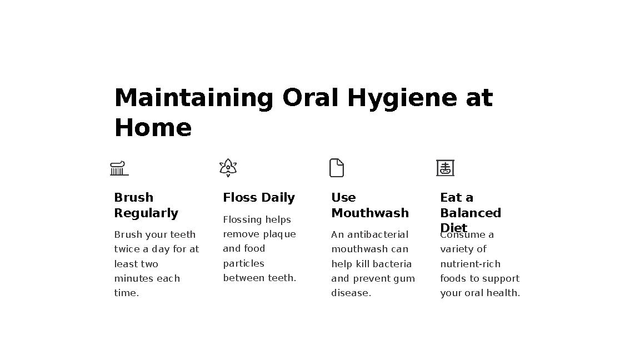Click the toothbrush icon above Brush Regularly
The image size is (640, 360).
(119, 168)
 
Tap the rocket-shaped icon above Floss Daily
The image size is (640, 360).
(228, 167)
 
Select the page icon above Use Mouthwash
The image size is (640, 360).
(337, 168)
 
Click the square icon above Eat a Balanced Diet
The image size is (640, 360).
(445, 168)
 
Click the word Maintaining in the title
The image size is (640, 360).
(193, 98)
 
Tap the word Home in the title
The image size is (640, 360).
(153, 128)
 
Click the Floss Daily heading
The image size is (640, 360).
(258, 198)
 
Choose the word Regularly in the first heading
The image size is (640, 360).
(146, 213)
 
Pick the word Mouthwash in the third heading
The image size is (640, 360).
(370, 213)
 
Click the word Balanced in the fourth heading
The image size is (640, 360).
(471, 213)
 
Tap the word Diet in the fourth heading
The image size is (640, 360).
(453, 228)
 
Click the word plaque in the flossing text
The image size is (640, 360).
(279, 234)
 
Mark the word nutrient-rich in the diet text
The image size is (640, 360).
(470, 264)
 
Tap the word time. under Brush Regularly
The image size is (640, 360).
(127, 293)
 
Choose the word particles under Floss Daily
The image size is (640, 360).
(243, 263)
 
